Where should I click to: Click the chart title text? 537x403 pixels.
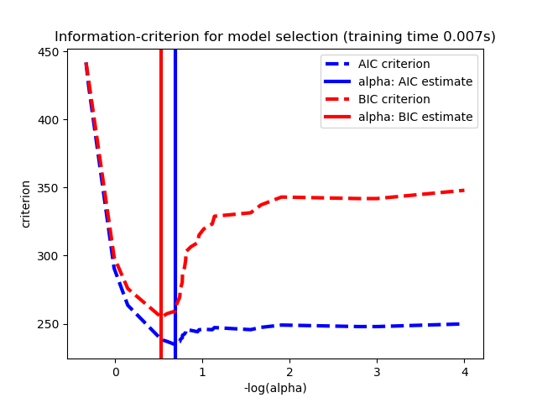pos(275,37)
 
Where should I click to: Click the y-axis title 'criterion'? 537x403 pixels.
pos(26,204)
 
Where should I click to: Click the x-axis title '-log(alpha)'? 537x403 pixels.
pos(275,388)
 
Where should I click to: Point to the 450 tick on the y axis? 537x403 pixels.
pos(52,52)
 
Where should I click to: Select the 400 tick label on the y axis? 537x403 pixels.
pos(52,120)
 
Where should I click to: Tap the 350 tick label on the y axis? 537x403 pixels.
pos(52,188)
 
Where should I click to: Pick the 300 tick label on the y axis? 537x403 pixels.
pos(52,256)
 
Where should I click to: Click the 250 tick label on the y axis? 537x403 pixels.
pos(52,324)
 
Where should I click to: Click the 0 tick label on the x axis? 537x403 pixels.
pos(115,371)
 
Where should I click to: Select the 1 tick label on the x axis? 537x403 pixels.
pos(202,371)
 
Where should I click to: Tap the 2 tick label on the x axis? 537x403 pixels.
pos(289,371)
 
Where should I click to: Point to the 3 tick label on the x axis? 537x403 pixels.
pos(377,371)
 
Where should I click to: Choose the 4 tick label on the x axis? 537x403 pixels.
pos(464,371)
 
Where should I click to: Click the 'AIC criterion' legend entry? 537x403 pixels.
pos(394,65)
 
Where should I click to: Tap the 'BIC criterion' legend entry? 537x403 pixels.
pos(394,99)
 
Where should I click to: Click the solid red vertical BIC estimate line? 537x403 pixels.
pos(161,168)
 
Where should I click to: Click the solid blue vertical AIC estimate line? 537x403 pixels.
pos(175,168)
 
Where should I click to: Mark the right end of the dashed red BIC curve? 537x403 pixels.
pos(463,191)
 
